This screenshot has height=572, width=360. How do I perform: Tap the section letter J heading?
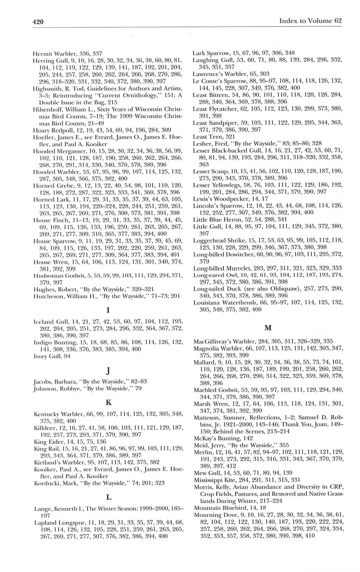coord(107,370)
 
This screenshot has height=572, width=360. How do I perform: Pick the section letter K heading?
coord(108,402)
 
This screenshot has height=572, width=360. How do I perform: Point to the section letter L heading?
coord(108,497)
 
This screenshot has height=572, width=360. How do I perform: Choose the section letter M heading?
coord(268,328)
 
